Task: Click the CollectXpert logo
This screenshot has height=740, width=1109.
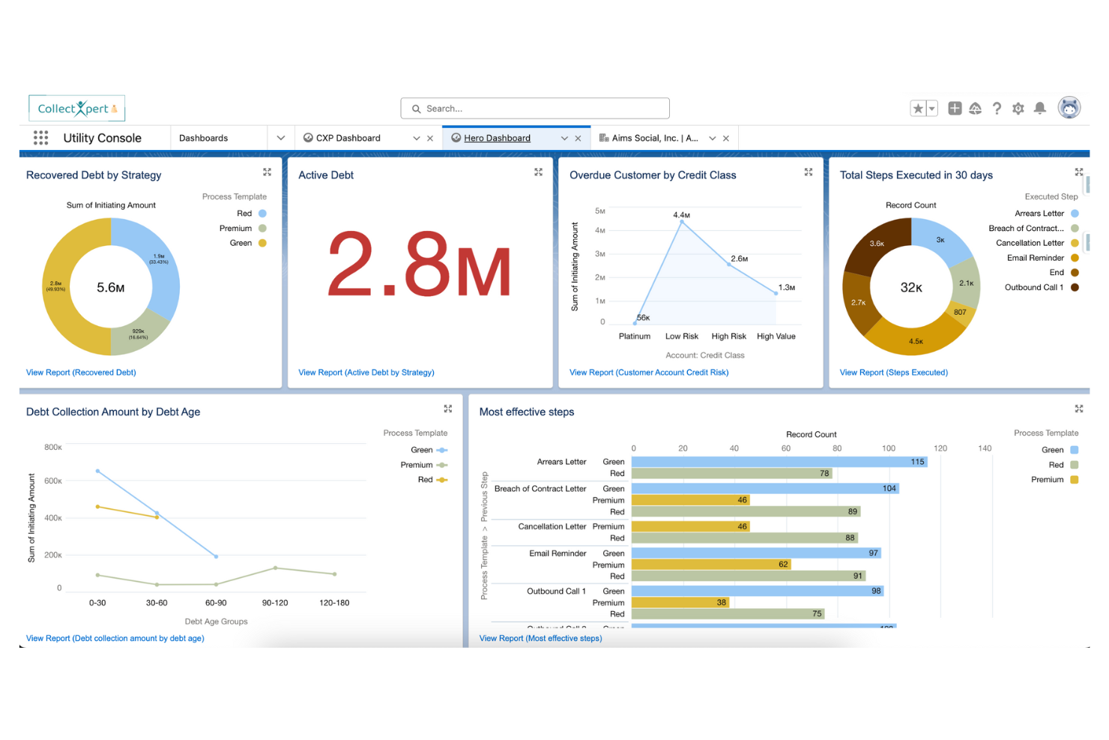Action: click(76, 109)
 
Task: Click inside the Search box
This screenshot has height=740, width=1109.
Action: click(540, 109)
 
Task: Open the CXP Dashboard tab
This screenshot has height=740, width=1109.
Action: click(348, 138)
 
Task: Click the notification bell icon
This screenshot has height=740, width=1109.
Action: click(1039, 109)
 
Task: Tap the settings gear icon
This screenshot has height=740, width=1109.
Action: click(1018, 109)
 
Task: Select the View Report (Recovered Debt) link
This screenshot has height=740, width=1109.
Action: click(81, 373)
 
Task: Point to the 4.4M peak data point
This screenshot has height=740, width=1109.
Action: click(681, 222)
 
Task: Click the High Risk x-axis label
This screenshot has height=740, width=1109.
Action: click(728, 337)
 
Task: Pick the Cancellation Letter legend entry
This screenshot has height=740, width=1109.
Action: click(1030, 243)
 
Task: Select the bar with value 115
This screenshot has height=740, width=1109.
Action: click(779, 462)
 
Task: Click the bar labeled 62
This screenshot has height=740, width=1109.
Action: click(711, 565)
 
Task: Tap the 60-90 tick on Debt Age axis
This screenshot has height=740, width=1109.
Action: click(216, 603)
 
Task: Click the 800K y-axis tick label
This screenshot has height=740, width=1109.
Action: click(53, 448)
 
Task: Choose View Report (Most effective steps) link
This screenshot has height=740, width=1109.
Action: click(540, 639)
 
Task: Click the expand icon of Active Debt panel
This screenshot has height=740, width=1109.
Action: click(538, 172)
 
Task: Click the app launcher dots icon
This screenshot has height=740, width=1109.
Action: click(40, 138)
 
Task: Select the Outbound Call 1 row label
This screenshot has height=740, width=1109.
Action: click(556, 592)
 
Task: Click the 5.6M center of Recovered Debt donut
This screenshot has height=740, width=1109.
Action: click(111, 288)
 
